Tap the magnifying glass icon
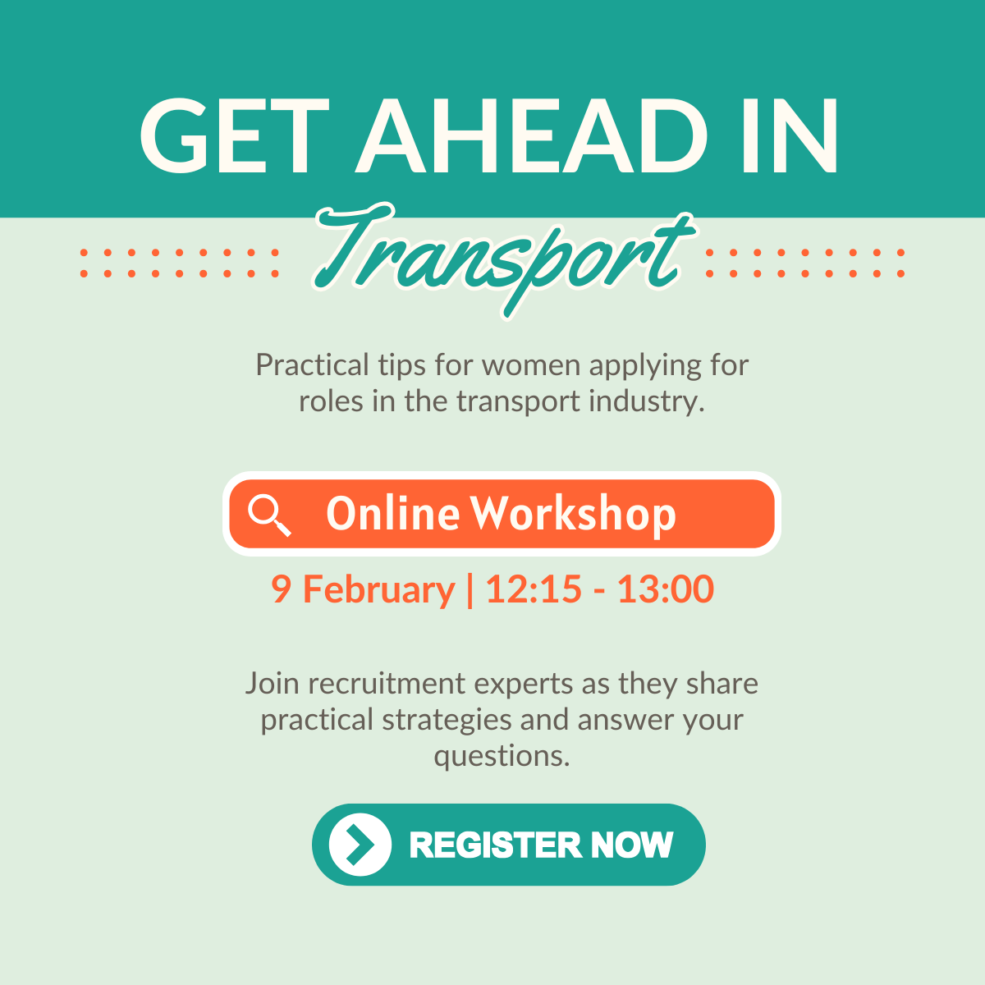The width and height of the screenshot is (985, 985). pos(269,515)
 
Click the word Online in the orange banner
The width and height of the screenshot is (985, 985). pos(392,514)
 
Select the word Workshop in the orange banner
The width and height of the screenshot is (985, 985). pos(573,515)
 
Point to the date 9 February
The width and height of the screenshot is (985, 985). pos(363,589)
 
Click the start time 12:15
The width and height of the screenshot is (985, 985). pos(534,589)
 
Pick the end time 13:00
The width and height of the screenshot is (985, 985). pos(666,589)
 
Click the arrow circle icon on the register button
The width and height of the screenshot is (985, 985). pos(360,845)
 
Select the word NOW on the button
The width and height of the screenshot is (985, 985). pos(631,845)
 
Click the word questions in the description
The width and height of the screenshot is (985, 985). pos(502,755)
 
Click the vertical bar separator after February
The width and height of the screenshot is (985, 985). pos(470,589)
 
